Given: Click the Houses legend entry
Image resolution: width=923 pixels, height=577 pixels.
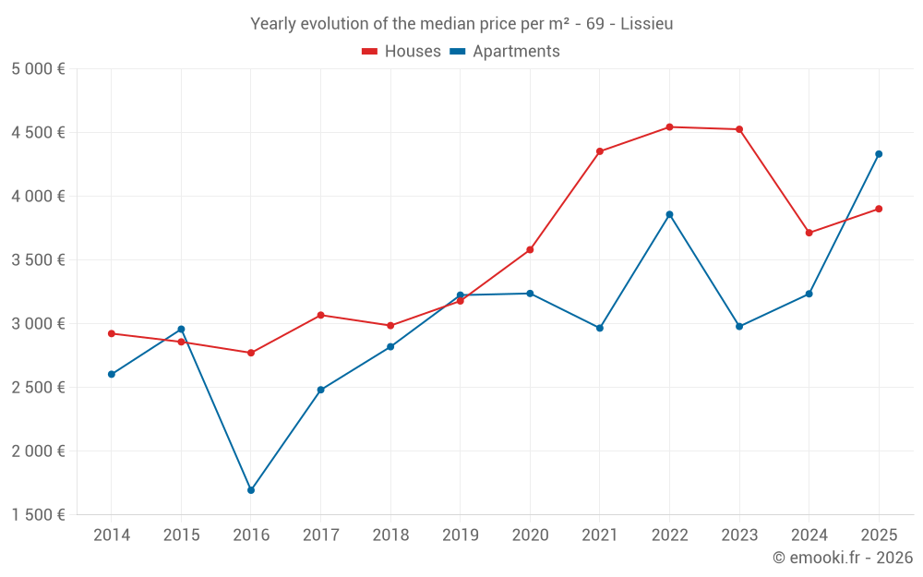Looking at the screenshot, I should point(402,52).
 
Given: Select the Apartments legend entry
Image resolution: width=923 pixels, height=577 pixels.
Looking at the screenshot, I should point(505,52).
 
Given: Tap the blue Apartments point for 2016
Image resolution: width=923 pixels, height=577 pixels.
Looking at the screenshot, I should point(251,490).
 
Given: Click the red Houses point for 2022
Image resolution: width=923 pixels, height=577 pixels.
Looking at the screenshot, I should point(669,127).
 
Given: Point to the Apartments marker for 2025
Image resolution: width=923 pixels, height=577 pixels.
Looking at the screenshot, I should point(879,154).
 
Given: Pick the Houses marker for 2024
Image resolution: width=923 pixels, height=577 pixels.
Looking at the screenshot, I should point(809,233).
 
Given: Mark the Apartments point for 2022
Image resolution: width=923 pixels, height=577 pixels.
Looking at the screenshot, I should point(669,214).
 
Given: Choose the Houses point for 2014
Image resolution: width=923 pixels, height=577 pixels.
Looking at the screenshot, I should point(112,333).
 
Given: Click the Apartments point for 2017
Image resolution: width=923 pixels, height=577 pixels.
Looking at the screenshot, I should point(320,390).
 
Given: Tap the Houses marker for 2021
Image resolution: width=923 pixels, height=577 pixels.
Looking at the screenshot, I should point(600,151).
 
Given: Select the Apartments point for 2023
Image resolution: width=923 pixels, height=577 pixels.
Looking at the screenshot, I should point(739,327).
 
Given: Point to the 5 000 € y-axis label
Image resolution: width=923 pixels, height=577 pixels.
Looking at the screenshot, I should point(38,69).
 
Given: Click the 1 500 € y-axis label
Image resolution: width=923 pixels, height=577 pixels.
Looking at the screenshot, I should point(38,515).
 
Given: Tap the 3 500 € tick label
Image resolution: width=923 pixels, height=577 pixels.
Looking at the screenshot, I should point(38,260).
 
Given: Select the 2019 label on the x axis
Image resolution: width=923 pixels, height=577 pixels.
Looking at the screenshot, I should point(460,535).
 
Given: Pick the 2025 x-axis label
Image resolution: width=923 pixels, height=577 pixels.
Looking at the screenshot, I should point(879,535).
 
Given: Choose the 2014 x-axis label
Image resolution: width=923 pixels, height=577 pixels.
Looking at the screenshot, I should point(112,535).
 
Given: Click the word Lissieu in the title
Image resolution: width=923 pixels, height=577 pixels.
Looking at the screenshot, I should point(647,24).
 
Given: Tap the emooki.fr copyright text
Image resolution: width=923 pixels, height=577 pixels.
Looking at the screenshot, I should point(843,558).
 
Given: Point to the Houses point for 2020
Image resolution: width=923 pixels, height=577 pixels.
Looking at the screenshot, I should point(530,250).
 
